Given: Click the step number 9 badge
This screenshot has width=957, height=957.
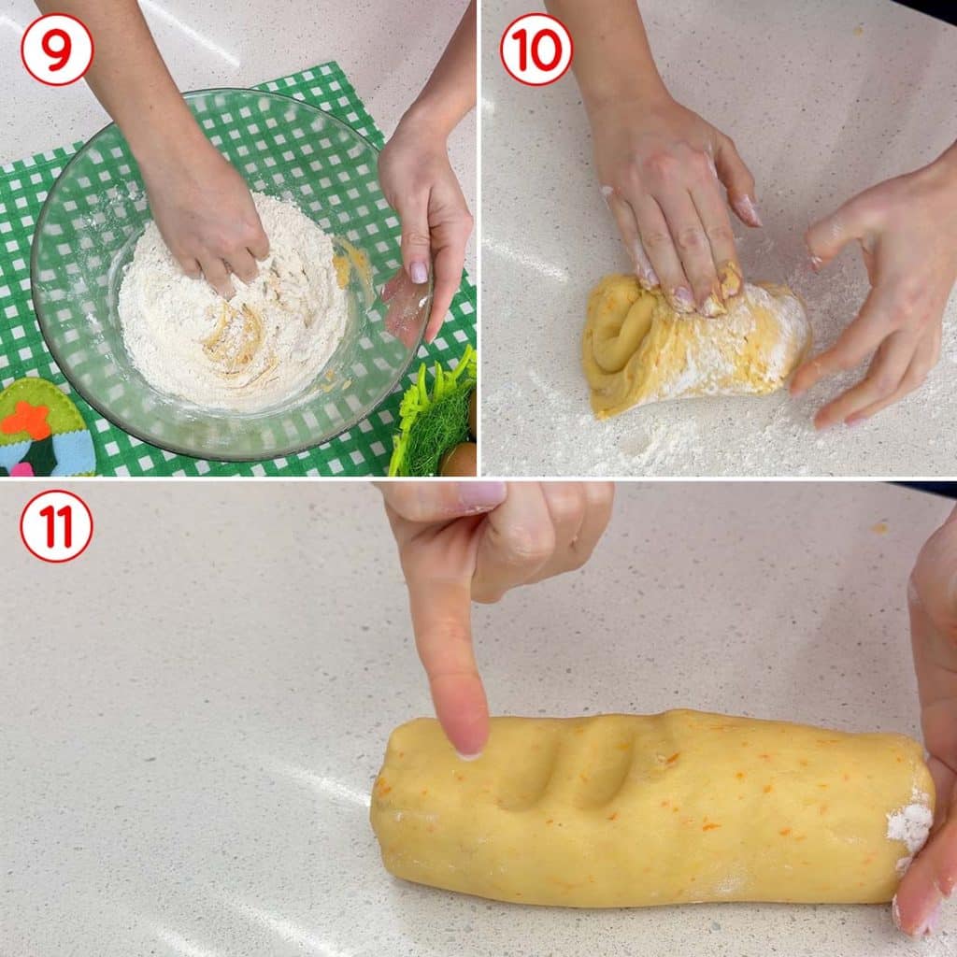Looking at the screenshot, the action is pyautogui.click(x=57, y=49).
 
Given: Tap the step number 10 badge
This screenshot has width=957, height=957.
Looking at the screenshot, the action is pyautogui.click(x=536, y=49).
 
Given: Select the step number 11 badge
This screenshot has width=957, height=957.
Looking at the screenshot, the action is pyautogui.click(x=56, y=525).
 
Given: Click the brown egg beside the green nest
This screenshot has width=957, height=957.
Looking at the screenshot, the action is pyautogui.click(x=459, y=459).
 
